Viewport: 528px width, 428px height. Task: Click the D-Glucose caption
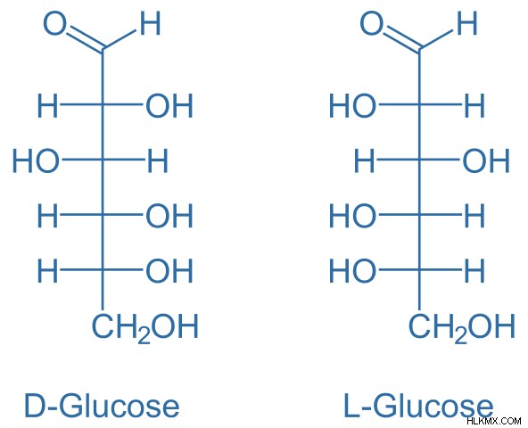pos(102,406)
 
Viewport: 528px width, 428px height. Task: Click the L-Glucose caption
pos(418,406)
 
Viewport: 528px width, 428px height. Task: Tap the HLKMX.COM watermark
pos(494,421)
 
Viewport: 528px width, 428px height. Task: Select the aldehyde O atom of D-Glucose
pos(54,23)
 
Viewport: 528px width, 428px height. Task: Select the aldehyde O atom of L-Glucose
pos(371,23)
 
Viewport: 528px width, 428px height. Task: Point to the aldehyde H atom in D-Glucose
pos(150,23)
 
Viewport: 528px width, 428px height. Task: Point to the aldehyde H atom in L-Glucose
pos(466,23)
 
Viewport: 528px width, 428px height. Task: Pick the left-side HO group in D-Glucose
pos(36,160)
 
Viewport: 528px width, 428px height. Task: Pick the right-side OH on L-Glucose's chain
pos(486,160)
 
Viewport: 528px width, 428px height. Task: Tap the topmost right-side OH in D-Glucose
pos(169,106)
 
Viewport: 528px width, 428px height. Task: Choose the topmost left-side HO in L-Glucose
pos(352,106)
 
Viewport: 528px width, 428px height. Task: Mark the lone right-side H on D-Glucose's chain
pos(158,160)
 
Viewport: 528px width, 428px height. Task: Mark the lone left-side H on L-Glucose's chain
pos(365,160)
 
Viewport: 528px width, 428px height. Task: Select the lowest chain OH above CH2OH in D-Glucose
pos(169,270)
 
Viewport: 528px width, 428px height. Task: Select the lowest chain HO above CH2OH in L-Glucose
pos(352,270)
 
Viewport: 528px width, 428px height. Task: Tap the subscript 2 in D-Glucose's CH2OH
pos(144,336)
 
